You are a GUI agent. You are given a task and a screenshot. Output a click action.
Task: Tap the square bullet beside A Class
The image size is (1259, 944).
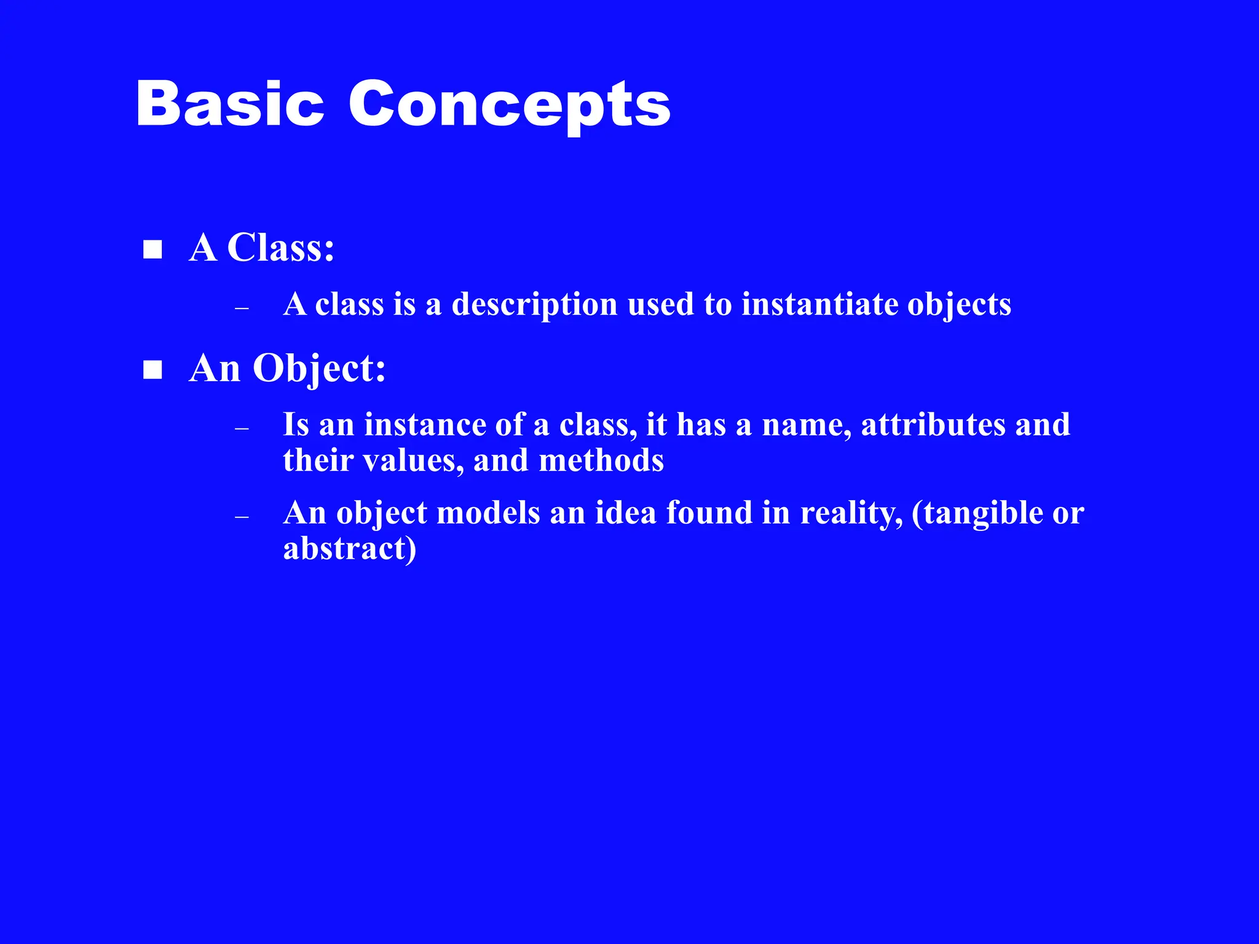pos(152,250)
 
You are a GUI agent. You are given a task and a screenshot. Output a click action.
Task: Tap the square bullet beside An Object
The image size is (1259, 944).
pos(152,370)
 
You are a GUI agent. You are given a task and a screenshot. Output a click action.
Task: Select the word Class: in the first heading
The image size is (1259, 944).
pos(280,248)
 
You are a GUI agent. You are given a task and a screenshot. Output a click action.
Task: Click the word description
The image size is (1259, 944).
pos(534,305)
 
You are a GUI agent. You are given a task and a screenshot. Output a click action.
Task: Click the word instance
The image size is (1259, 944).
pos(425,425)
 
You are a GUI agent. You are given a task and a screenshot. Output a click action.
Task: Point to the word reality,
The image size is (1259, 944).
pos(851,514)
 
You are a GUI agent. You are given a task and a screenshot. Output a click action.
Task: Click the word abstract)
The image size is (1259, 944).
pos(349,548)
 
